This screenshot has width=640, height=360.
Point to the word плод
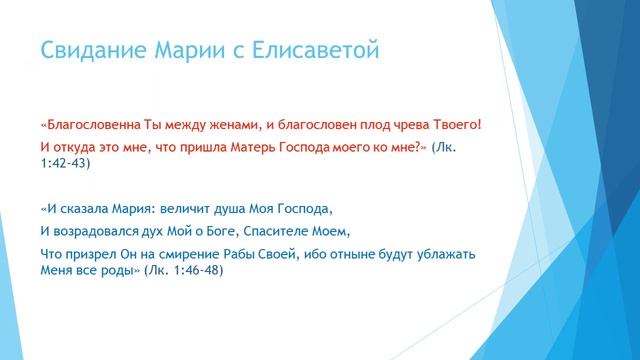[370, 125]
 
